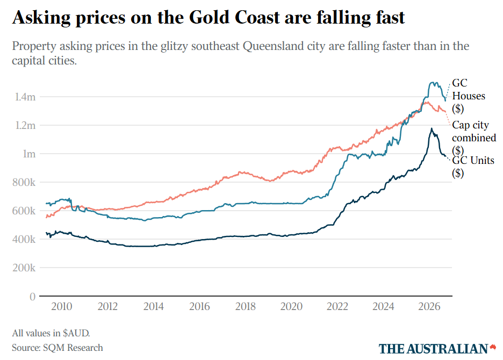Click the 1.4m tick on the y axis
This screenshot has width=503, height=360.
(x=25, y=97)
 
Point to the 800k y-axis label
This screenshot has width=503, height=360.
(x=24, y=182)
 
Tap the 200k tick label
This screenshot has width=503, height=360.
(x=24, y=268)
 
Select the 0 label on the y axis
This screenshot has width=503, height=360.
(x=32, y=297)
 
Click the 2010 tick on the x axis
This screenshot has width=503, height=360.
(x=62, y=306)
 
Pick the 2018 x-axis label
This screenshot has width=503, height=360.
(x=246, y=306)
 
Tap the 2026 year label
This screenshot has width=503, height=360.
(x=429, y=306)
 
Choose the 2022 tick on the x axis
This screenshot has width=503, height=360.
(x=337, y=306)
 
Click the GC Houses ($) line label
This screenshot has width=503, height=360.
(x=469, y=96)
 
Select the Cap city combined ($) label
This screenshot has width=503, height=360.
(x=474, y=138)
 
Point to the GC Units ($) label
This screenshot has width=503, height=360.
(x=473, y=167)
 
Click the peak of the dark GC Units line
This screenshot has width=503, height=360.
(x=432, y=128)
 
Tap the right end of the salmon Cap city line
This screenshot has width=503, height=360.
(x=445, y=112)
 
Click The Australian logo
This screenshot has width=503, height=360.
(x=437, y=349)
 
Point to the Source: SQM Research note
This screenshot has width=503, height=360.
(x=58, y=348)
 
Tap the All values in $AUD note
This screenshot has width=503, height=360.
(x=51, y=333)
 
